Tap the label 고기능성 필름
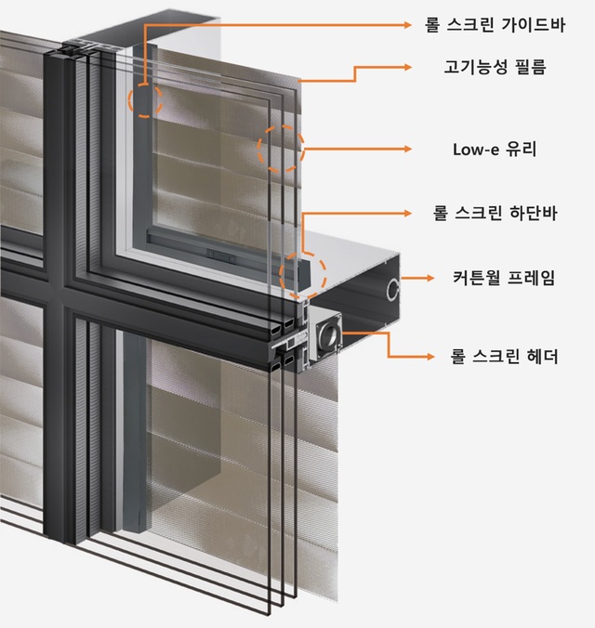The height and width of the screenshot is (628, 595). [494, 67]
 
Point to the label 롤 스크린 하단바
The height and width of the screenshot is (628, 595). [494, 213]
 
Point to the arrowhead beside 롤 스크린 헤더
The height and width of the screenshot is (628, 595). [430, 356]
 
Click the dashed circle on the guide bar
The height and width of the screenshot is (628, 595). [145, 98]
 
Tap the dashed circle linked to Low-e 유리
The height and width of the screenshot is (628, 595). [281, 148]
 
